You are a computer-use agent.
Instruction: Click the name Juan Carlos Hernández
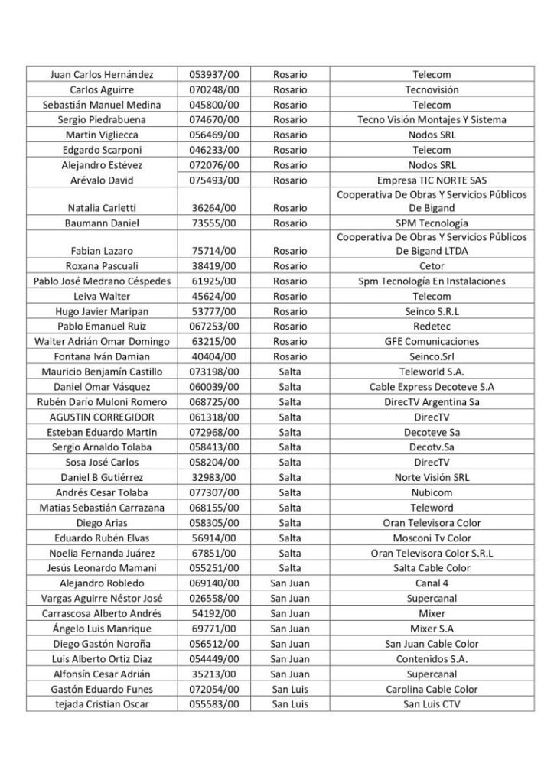102,75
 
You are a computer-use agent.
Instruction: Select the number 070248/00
214,89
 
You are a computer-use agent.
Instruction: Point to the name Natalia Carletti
102,207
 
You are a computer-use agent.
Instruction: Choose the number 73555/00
214,223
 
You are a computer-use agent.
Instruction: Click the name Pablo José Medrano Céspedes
102,281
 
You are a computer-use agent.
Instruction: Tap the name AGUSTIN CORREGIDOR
102,417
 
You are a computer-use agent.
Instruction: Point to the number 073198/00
214,372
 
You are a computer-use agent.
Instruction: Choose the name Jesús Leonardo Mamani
102,568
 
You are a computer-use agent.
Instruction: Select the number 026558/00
214,598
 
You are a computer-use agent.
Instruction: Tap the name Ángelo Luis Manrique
102,629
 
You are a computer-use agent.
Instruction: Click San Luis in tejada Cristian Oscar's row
289,703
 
